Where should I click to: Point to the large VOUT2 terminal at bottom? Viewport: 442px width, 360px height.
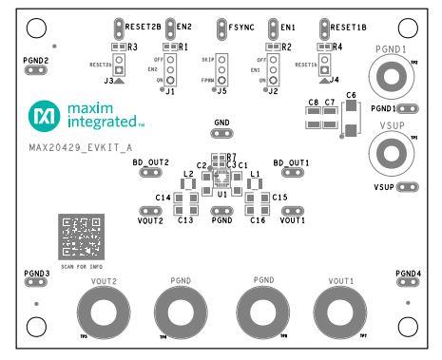coord(102,311)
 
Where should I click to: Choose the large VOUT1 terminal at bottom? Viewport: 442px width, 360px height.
coord(340,311)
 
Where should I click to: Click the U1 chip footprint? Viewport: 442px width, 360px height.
coord(221,178)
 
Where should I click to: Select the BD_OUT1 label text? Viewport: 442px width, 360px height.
coord(292,163)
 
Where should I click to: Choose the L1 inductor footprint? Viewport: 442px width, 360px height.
coord(254,183)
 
